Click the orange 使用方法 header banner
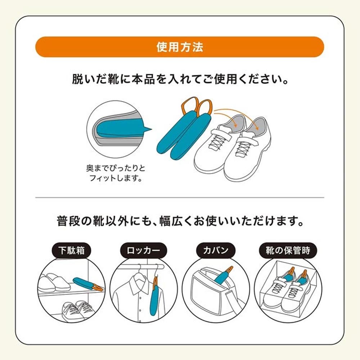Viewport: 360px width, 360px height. pos(180,47)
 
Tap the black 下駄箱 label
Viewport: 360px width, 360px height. pos(71,250)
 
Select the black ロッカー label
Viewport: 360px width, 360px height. pos(144,250)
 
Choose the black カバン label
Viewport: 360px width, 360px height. pos(216,250)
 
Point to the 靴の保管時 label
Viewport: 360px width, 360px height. pos(288,250)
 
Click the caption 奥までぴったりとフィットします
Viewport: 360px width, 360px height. pos(116,173)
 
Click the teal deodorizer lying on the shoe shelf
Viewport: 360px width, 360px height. pos(88,284)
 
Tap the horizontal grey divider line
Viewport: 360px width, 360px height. pos(180,197)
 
